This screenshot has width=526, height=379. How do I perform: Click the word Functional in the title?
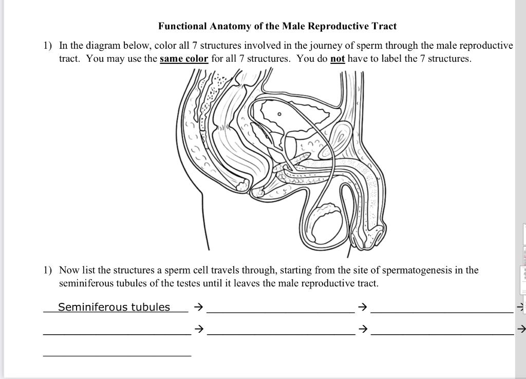[x=182, y=26]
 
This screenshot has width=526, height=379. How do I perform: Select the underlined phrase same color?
[x=184, y=59]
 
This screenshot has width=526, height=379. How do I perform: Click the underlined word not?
[x=337, y=59]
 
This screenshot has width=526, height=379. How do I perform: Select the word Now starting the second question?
[x=68, y=270]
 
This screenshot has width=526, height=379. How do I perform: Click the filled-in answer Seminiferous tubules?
[x=114, y=307]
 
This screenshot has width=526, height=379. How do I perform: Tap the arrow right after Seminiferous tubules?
[x=199, y=308]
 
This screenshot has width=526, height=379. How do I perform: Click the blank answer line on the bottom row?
[x=117, y=355]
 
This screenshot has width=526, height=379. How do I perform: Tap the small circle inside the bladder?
[x=279, y=114]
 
